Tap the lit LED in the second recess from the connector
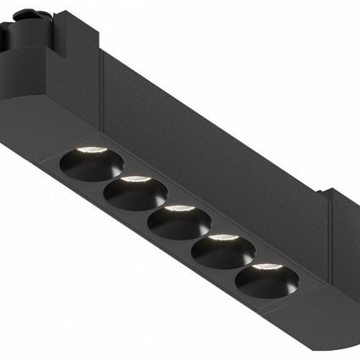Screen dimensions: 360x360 point(132,178)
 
